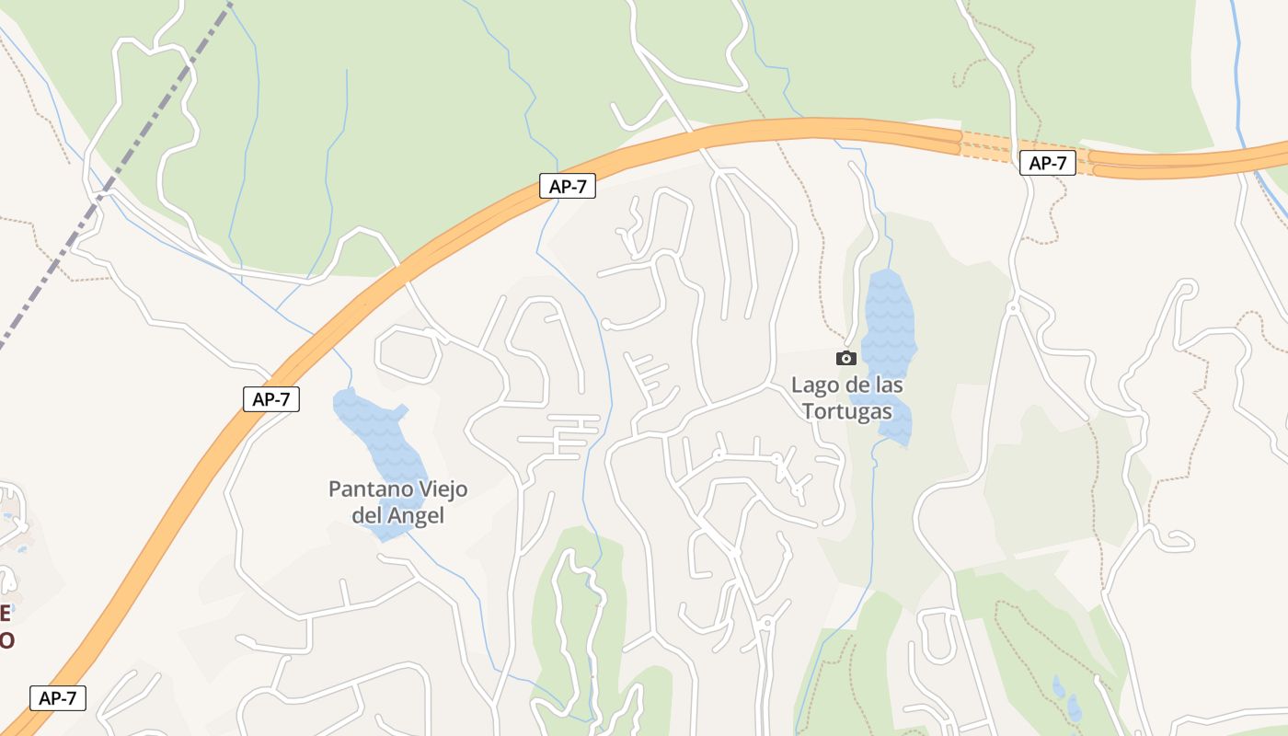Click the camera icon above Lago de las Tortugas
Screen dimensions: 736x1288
846,358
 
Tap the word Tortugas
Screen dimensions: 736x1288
846,410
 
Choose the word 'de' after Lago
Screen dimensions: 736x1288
855,385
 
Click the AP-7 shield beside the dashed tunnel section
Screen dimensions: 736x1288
1048,164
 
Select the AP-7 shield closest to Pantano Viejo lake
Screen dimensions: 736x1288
271,399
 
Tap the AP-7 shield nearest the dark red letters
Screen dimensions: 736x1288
58,698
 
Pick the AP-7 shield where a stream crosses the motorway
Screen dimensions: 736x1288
568,187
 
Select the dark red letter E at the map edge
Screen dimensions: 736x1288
5,614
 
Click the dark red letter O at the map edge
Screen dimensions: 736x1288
6,639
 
